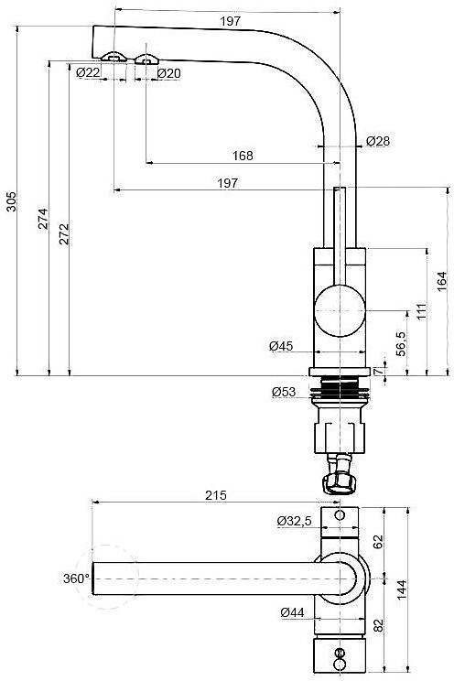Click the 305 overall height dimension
[x=12, y=201]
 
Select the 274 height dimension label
[x=43, y=219]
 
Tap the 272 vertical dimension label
[x=64, y=233]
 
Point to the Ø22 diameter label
[x=88, y=72]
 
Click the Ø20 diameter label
[x=168, y=73]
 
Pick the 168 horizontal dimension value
[x=243, y=156]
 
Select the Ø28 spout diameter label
[x=378, y=141]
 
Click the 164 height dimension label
[x=442, y=281]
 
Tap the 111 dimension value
[x=421, y=311]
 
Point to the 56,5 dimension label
[x=401, y=344]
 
